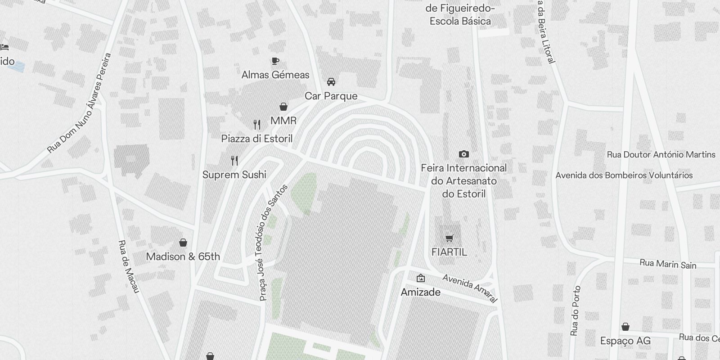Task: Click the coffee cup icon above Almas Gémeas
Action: click(x=275, y=61)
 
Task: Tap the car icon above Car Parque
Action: click(x=331, y=82)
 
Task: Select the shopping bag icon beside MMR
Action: click(x=283, y=107)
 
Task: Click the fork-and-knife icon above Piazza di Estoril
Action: click(x=257, y=124)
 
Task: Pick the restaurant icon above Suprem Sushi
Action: click(x=234, y=161)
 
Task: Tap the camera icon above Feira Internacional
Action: click(x=463, y=154)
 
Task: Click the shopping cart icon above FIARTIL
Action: click(x=449, y=238)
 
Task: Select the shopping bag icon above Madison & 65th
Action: click(x=183, y=243)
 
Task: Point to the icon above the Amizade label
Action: click(x=420, y=278)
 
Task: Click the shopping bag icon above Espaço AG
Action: click(x=625, y=327)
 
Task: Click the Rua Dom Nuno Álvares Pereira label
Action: click(x=80, y=103)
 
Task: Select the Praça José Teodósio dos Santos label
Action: click(x=273, y=243)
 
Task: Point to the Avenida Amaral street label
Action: click(x=470, y=288)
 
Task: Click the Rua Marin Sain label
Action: click(x=668, y=264)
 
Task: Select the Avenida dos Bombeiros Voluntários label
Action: click(x=624, y=175)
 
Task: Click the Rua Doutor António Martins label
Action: click(x=661, y=154)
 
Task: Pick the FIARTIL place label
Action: click(x=449, y=252)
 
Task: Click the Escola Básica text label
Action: click(x=460, y=21)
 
